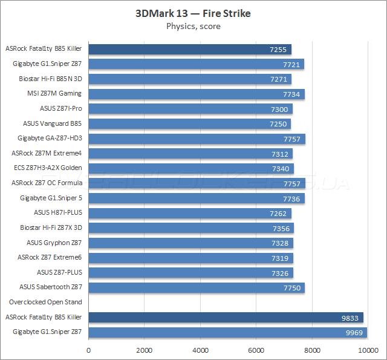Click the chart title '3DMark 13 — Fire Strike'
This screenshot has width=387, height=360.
click(x=193, y=13)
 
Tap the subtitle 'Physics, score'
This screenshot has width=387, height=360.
click(x=193, y=26)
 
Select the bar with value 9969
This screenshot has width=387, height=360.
click(x=228, y=332)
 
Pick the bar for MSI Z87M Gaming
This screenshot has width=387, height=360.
click(x=197, y=94)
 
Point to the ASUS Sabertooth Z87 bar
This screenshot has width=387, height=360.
click(x=197, y=287)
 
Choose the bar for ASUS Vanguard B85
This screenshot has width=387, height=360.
click(x=190, y=123)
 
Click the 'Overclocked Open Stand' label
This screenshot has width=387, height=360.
click(x=45, y=302)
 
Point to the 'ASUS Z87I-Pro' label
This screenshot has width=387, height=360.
click(x=60, y=108)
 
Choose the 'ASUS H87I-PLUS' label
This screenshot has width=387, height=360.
click(x=58, y=213)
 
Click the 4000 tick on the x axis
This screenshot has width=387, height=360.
click(x=200, y=350)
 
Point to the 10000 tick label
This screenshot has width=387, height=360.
click(x=367, y=350)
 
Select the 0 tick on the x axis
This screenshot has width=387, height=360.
click(x=89, y=350)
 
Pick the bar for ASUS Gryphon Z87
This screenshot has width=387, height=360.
click(x=191, y=243)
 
